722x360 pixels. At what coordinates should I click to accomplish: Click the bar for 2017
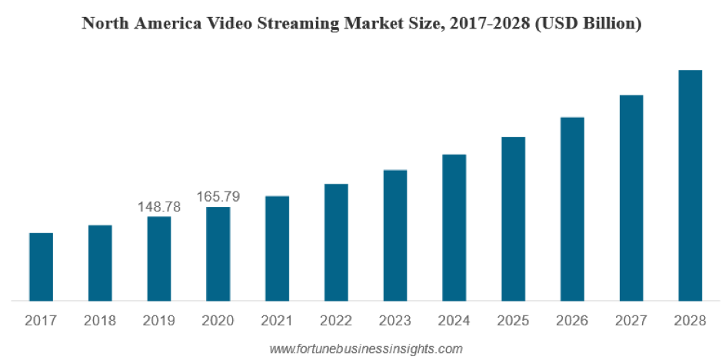tap(41, 266)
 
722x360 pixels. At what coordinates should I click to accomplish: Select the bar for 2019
tap(159, 258)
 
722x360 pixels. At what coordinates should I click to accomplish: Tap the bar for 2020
tap(218, 254)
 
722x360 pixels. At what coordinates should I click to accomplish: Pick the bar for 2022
tap(336, 242)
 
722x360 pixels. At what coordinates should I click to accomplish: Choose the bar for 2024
tap(454, 227)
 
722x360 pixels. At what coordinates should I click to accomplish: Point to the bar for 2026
tap(572, 208)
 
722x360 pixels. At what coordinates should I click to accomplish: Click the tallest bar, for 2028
tap(690, 185)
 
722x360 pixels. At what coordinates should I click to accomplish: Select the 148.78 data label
tap(158, 207)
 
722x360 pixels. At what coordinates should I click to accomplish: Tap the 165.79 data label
tap(218, 197)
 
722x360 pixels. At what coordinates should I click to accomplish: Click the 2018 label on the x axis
tap(100, 320)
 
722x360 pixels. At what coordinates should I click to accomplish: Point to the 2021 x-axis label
tap(277, 320)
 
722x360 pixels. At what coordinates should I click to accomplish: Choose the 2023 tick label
tap(395, 320)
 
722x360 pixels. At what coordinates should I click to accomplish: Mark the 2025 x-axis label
tap(513, 320)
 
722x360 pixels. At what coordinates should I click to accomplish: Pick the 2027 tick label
tap(631, 320)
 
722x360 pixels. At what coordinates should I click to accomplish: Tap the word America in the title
tap(169, 24)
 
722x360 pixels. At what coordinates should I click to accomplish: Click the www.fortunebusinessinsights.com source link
tap(366, 349)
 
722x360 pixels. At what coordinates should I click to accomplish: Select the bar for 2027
tap(631, 197)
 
